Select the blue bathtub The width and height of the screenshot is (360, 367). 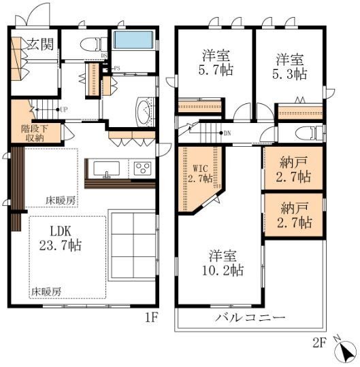[x=133, y=40]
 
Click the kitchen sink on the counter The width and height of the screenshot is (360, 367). [x=105, y=169]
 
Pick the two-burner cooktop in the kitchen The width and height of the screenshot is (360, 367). [x=143, y=168]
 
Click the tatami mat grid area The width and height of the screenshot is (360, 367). [x=133, y=245]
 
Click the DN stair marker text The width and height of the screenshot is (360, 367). [x=227, y=133]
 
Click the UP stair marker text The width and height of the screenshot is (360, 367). [x=63, y=109]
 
